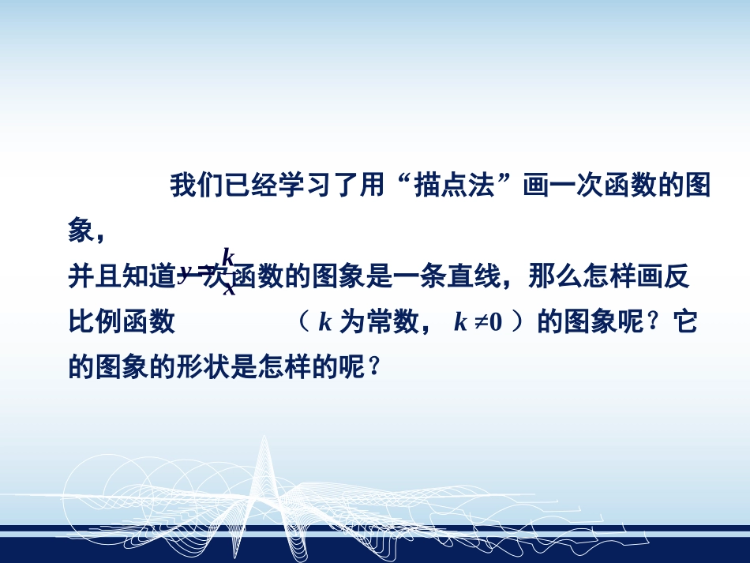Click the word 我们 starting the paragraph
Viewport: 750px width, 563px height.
tap(195, 187)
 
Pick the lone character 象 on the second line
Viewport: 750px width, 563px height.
tap(80, 231)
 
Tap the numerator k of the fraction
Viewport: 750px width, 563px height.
tap(227, 257)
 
